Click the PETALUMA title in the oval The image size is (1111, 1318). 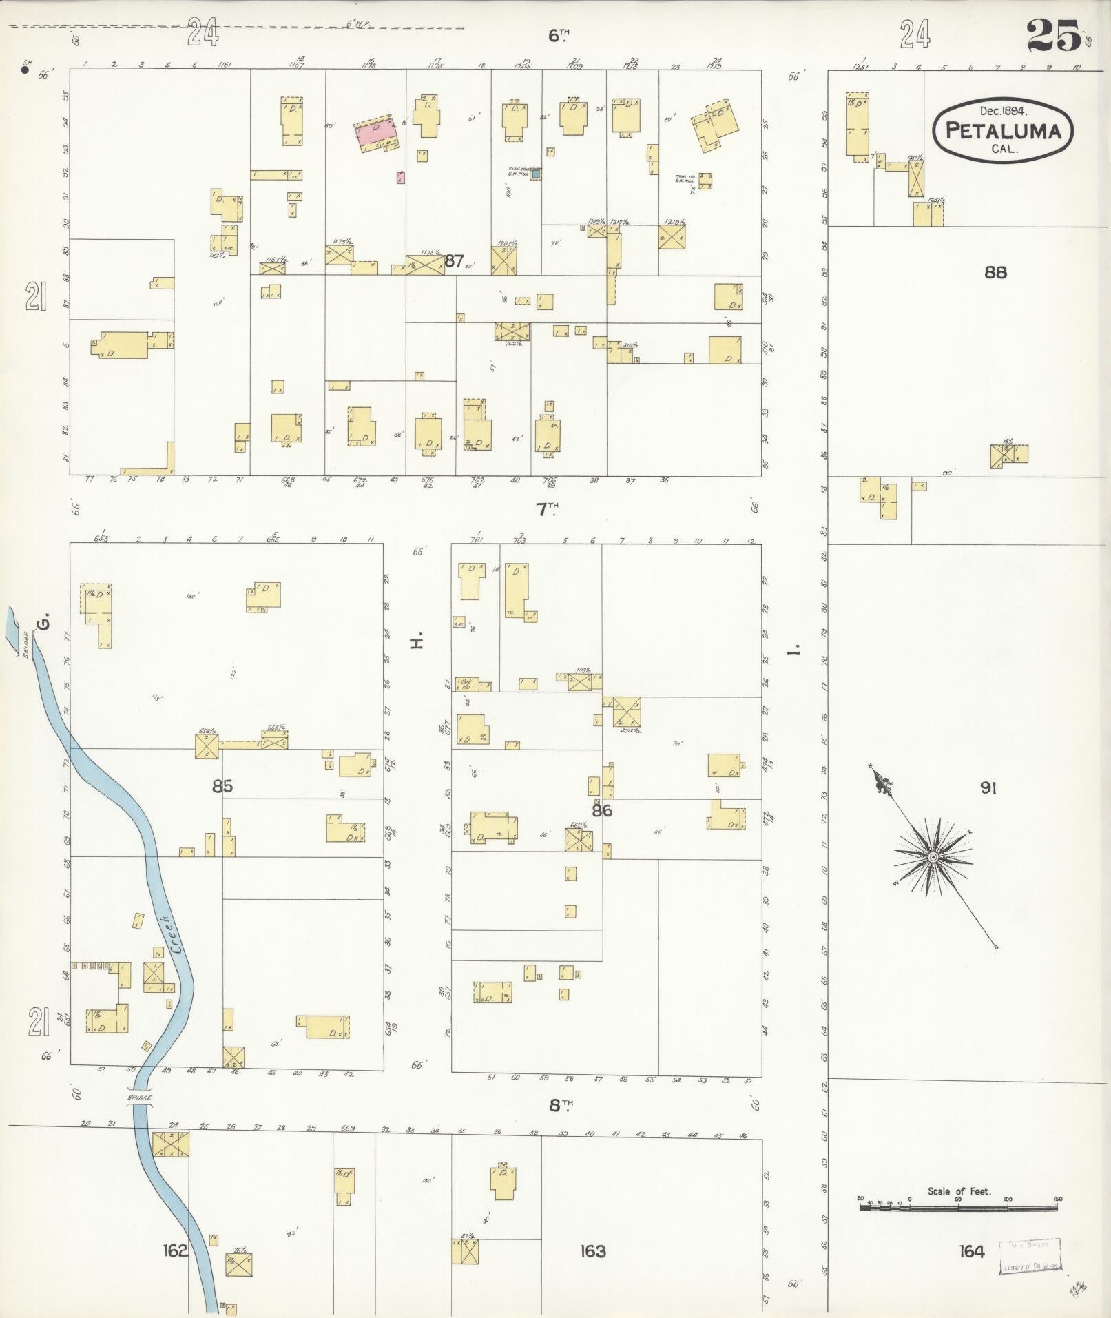click(x=1003, y=131)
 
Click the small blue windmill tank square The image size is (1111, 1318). click(x=536, y=174)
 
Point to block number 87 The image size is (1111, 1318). click(x=454, y=260)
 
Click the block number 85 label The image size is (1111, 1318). click(x=222, y=786)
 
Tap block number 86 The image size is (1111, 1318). click(x=601, y=811)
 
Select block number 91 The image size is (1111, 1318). click(x=988, y=787)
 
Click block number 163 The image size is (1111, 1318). click(x=592, y=1250)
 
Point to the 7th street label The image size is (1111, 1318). click(x=547, y=509)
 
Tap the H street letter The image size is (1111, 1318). click(x=415, y=642)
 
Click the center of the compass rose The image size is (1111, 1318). click(x=932, y=857)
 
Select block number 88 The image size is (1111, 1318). click(x=995, y=273)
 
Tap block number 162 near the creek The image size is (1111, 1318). click(x=175, y=1250)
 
